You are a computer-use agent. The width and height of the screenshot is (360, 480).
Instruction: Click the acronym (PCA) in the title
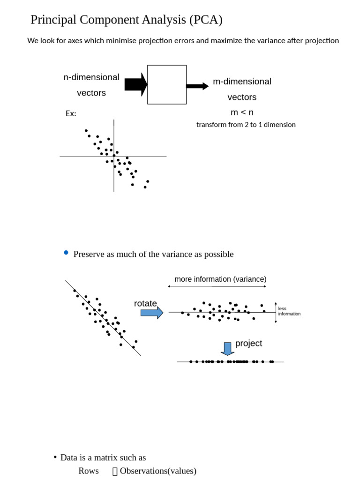206,20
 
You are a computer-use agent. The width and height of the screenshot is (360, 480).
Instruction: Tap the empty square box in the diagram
167,85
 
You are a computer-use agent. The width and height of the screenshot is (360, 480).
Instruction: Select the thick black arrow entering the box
135,85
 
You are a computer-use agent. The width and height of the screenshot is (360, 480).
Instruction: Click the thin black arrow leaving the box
197,86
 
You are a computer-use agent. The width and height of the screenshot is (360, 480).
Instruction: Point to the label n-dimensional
91,77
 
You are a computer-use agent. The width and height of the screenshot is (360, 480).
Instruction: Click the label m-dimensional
242,82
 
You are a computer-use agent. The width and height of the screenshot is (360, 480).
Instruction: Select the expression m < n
242,112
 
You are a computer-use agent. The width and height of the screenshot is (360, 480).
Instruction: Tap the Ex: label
71,114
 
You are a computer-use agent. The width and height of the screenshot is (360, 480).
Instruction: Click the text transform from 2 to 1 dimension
246,125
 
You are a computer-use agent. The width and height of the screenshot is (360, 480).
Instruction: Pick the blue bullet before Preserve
66,253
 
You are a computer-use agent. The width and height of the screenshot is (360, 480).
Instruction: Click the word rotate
145,304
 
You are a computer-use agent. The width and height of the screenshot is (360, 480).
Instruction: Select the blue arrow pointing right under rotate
152,313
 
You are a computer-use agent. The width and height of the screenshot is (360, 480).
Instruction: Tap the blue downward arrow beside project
227,349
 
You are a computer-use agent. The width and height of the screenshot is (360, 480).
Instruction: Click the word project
248,344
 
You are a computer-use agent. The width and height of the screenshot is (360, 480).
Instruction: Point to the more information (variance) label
220,279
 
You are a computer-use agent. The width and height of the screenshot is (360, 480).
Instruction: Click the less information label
289,311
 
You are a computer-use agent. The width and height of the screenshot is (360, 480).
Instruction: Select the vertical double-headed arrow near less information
276,313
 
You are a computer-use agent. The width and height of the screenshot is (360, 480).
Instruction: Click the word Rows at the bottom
89,471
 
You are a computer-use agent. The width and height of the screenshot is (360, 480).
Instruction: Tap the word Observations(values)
158,471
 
